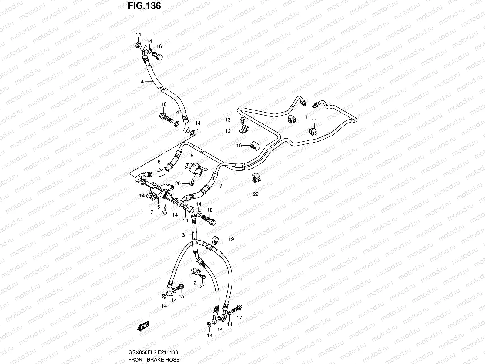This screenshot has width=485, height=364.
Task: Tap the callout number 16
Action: (x=159, y=46)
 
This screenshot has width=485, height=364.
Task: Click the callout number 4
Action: (x=142, y=81)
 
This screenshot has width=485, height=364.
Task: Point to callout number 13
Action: (x=228, y=120)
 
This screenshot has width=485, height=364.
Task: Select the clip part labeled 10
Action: (x=254, y=146)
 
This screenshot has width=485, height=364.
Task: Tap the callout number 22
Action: (x=256, y=194)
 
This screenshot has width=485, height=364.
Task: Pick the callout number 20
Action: (x=178, y=183)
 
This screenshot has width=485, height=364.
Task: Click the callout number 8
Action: (x=159, y=162)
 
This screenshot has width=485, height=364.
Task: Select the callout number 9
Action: (x=220, y=186)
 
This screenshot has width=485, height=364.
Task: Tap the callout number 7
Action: (x=152, y=212)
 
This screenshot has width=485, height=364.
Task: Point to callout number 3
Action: (x=183, y=235)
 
